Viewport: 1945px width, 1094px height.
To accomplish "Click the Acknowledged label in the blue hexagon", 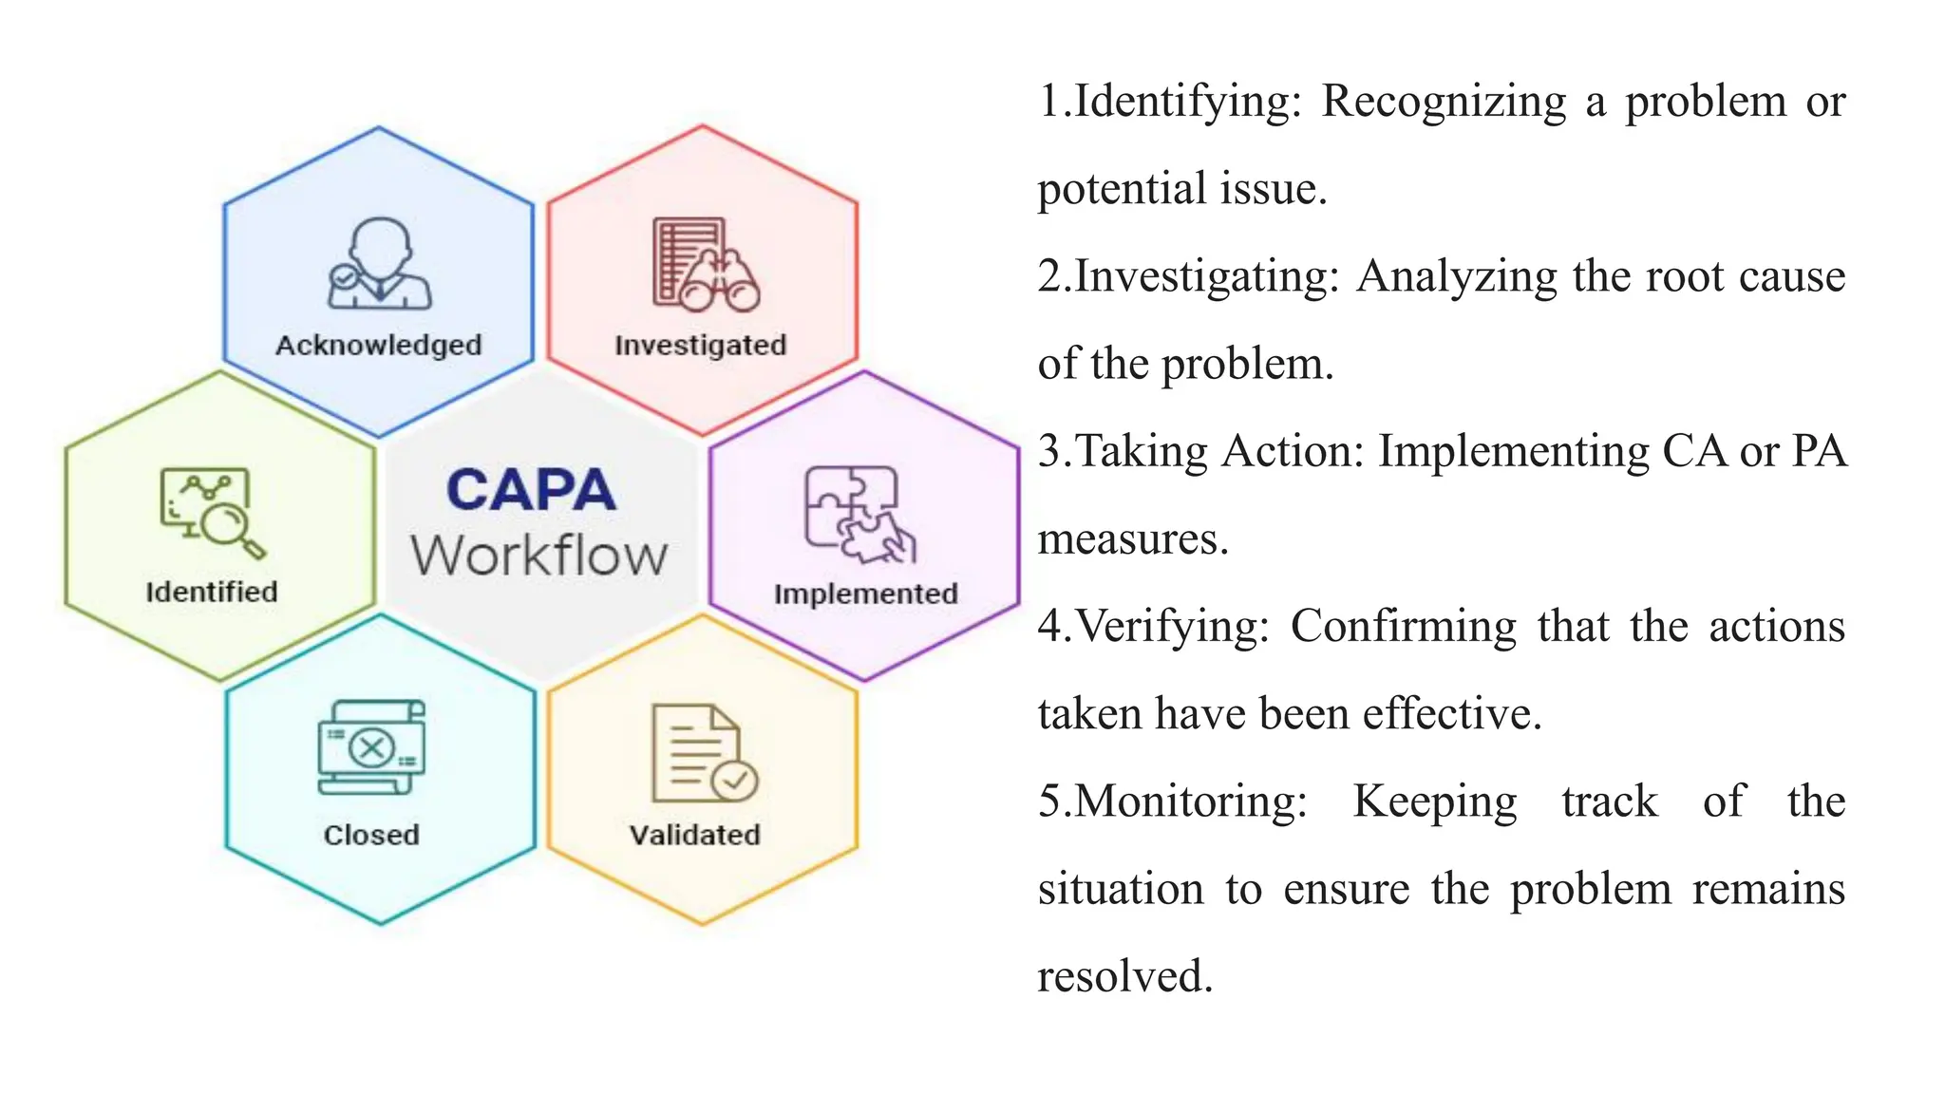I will tap(378, 345).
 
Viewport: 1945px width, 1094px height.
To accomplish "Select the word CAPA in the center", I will tap(531, 491).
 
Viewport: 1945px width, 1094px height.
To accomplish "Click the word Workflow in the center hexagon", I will tap(539, 556).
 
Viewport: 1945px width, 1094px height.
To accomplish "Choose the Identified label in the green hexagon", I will tap(212, 592).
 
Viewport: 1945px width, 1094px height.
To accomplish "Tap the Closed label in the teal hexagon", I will tap(371, 835).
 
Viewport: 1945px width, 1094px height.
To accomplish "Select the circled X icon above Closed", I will tap(371, 747).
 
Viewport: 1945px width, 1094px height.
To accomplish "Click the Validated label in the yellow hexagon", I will tap(695, 835).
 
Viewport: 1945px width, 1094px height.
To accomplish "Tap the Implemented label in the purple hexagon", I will tap(865, 594).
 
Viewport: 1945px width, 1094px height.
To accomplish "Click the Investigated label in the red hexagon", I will tap(701, 345).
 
